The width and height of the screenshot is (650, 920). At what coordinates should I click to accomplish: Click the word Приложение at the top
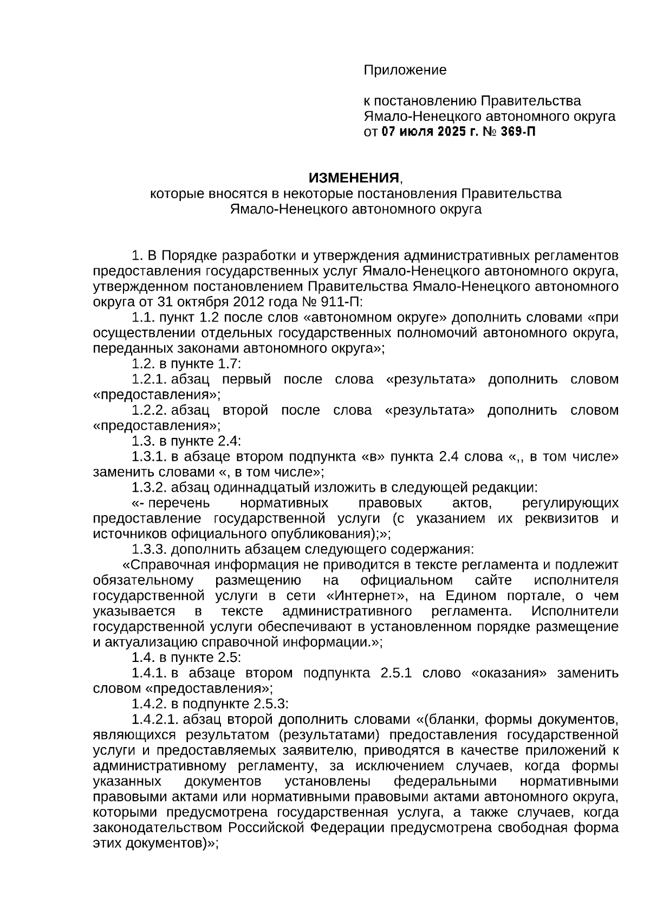[x=405, y=70]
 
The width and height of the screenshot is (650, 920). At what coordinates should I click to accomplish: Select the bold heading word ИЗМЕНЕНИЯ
[x=354, y=178]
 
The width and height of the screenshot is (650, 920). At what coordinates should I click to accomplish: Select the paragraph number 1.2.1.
[x=149, y=379]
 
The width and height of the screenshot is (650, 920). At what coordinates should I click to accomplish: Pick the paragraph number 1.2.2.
[x=149, y=410]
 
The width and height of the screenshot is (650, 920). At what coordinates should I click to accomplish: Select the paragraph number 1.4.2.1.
[x=155, y=719]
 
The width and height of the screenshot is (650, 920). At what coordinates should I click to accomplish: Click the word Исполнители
[x=574, y=612]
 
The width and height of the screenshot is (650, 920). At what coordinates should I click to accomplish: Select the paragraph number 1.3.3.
[x=149, y=550]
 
